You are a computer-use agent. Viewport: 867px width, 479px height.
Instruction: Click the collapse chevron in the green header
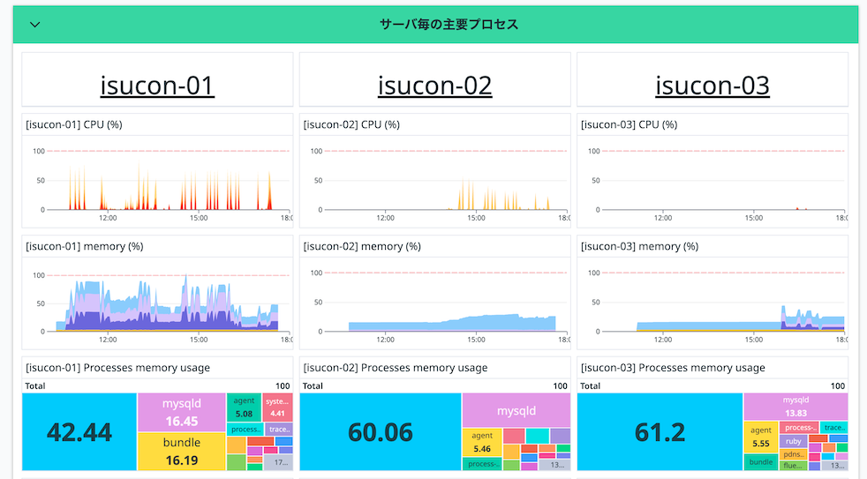35,25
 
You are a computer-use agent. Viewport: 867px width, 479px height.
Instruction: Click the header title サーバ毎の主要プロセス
449,25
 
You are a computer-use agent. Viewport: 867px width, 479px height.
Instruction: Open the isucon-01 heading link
157,86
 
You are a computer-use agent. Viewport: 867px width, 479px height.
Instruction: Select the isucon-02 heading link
434,86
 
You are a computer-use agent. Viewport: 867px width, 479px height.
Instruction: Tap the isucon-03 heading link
712,86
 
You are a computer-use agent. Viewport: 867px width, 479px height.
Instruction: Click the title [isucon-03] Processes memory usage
673,367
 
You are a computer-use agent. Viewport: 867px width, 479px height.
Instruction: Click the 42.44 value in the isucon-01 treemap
79,432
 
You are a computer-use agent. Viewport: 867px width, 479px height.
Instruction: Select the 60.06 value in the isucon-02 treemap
381,432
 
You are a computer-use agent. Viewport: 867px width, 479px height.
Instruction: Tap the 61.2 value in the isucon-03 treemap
660,432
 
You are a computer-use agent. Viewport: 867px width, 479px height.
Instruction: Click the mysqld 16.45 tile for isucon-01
180,412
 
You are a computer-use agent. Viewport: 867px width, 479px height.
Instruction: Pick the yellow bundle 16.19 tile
181,451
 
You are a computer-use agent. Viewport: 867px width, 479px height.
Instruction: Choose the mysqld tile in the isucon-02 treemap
516,411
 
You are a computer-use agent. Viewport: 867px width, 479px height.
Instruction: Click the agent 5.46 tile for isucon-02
482,442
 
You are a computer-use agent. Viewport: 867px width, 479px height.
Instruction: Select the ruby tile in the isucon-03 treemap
793,441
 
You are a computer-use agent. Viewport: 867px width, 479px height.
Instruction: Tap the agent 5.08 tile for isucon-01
245,407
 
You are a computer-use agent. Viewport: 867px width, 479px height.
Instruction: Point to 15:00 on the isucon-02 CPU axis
475,217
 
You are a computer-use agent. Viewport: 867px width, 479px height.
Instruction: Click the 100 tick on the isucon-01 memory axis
38,274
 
